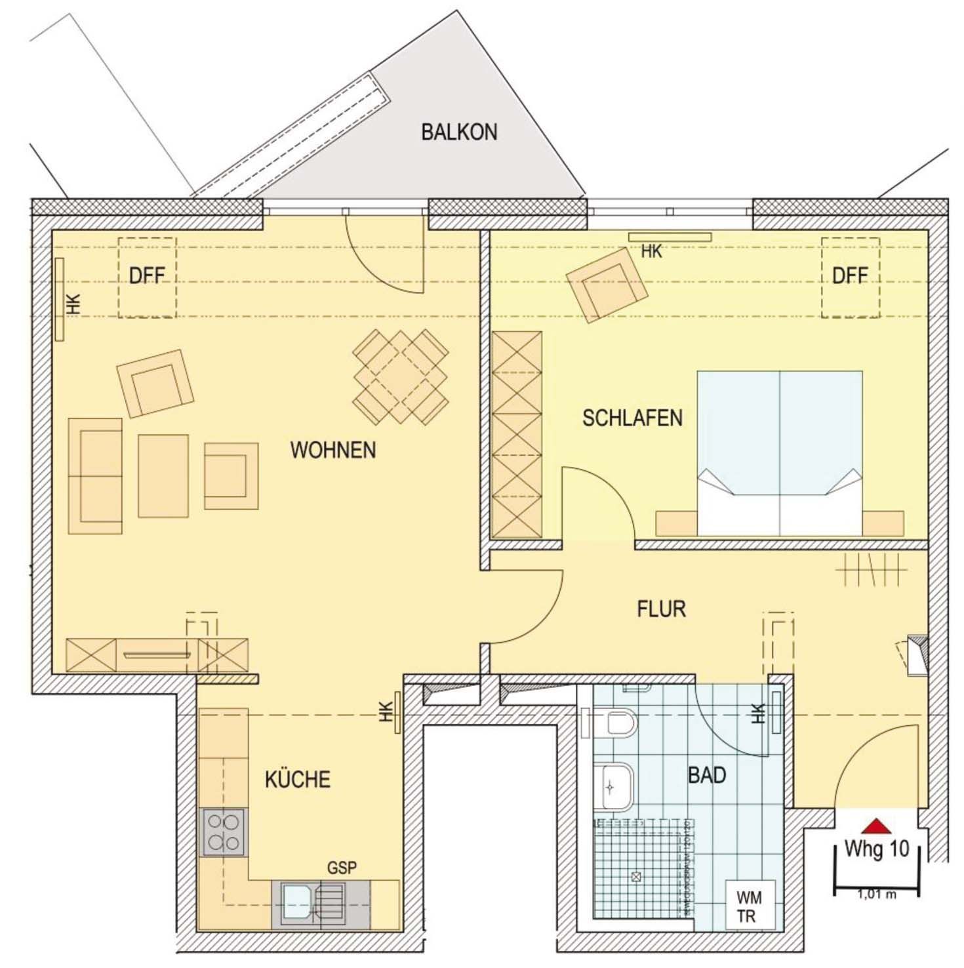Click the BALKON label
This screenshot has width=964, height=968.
coord(459,132)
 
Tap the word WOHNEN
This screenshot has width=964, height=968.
coord(333,450)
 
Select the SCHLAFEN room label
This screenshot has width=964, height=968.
coord(632,418)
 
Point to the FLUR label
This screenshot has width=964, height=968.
coord(661,609)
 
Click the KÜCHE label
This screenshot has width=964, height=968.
coord(297,779)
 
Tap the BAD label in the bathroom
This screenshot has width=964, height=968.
coord(706,775)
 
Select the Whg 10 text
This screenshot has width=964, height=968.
coord(876,849)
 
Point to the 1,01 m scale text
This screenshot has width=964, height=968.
coord(876,894)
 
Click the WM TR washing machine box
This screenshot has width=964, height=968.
coord(749,906)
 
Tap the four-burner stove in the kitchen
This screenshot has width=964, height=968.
coord(223,832)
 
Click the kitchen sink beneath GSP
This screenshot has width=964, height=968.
coord(297,902)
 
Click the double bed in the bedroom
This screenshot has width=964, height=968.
coord(779,453)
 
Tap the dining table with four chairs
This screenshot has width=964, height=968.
coord(400,377)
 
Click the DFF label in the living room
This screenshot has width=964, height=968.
coord(147,276)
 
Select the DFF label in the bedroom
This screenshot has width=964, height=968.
coord(850,276)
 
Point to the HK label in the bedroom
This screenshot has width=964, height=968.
coord(651,251)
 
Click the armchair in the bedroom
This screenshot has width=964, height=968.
coord(607,285)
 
